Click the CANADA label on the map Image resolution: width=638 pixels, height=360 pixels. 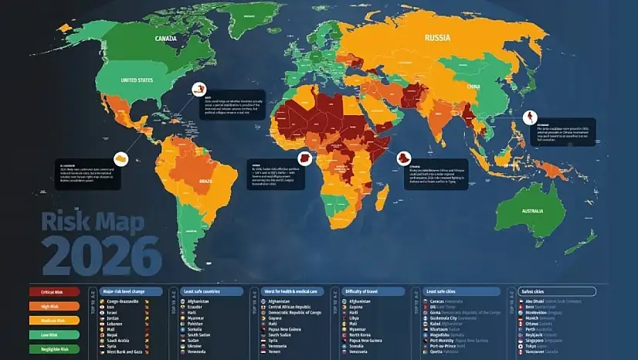pyautogui.click(x=165, y=39)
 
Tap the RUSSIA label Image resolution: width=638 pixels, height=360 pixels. pyautogui.click(x=439, y=36)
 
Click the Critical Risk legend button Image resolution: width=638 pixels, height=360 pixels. pyautogui.click(x=54, y=292)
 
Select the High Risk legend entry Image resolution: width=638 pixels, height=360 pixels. pyautogui.click(x=54, y=307)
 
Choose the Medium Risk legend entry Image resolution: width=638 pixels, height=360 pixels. pyautogui.click(x=54, y=321)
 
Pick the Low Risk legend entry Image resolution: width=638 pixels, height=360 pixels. pyautogui.click(x=54, y=335)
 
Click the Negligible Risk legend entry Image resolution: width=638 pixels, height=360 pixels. pyautogui.click(x=54, y=348)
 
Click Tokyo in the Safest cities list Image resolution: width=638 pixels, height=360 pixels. pyautogui.click(x=531, y=345)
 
